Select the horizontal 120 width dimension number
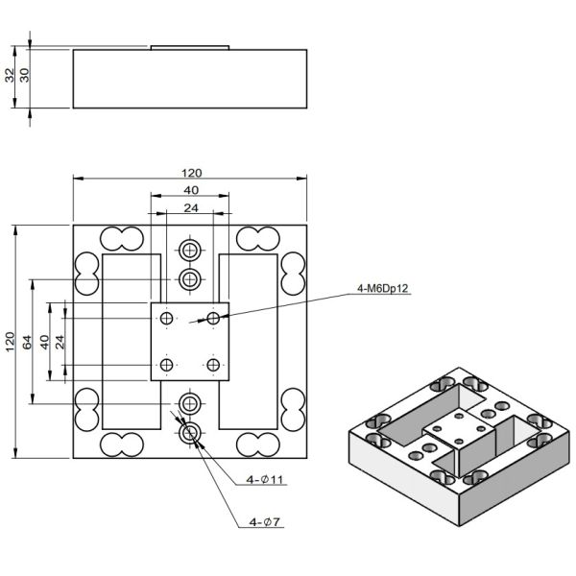coord(191,173)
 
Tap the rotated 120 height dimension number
coord(10,342)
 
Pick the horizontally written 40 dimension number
coord(190,190)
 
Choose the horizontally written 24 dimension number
coord(190,207)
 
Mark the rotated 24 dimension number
coord(60,342)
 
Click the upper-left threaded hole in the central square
coord(168,318)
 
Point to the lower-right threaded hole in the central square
coord(213,364)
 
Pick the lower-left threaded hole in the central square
coord(168,364)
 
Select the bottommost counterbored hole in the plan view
coord(190,433)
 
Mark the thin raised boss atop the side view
coord(190,45)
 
